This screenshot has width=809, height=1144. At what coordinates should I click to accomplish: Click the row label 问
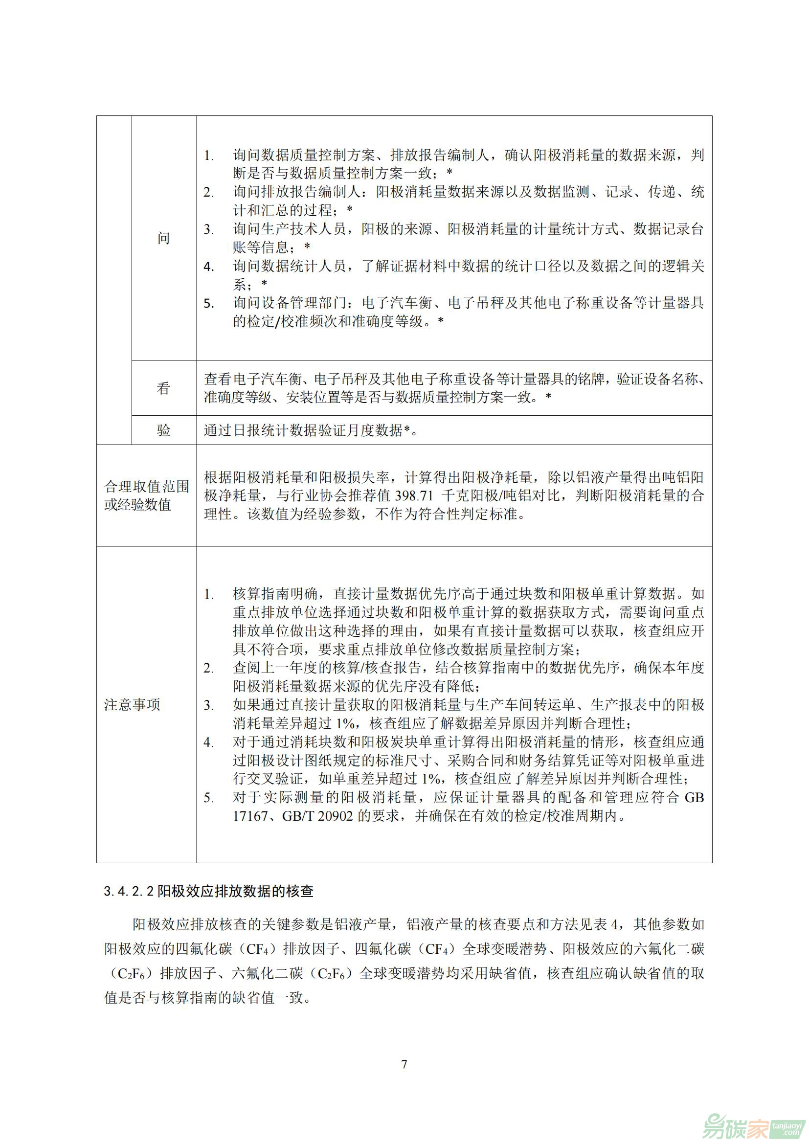coord(163,238)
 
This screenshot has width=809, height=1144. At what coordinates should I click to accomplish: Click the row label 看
coord(163,388)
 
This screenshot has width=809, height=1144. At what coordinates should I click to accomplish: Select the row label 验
coord(163,430)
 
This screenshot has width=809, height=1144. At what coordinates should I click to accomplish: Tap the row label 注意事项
coord(132,704)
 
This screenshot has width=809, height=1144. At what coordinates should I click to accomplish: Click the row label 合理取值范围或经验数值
coord(146,495)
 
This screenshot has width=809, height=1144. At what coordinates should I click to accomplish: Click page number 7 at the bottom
coord(404,1064)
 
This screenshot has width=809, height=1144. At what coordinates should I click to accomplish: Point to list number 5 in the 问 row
coord(208,303)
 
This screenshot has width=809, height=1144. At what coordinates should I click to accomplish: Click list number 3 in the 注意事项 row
coord(208,705)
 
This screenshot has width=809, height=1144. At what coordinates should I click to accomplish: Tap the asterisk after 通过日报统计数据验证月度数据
coord(406,430)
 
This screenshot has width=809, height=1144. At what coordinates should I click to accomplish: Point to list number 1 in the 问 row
coord(208,156)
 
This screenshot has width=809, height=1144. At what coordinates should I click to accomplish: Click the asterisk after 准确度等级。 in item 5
coord(440,321)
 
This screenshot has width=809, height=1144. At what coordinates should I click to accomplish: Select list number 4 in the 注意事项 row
coord(208,742)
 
